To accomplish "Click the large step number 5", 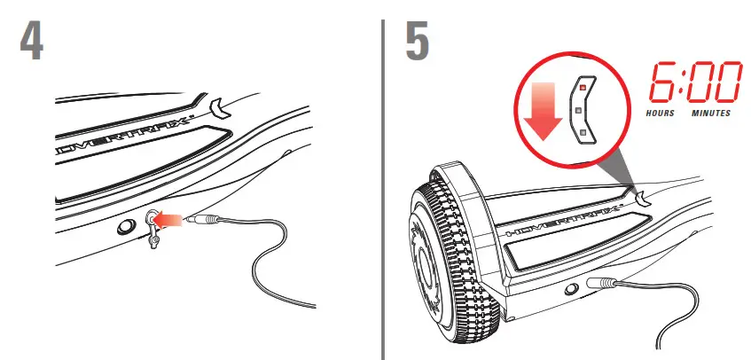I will (419, 42).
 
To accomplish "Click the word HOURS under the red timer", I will (661, 114).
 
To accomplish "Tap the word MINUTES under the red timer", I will (710, 114).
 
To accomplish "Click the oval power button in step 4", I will (123, 226).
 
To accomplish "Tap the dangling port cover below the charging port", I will (153, 239).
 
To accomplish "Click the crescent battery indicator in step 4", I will (216, 108).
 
